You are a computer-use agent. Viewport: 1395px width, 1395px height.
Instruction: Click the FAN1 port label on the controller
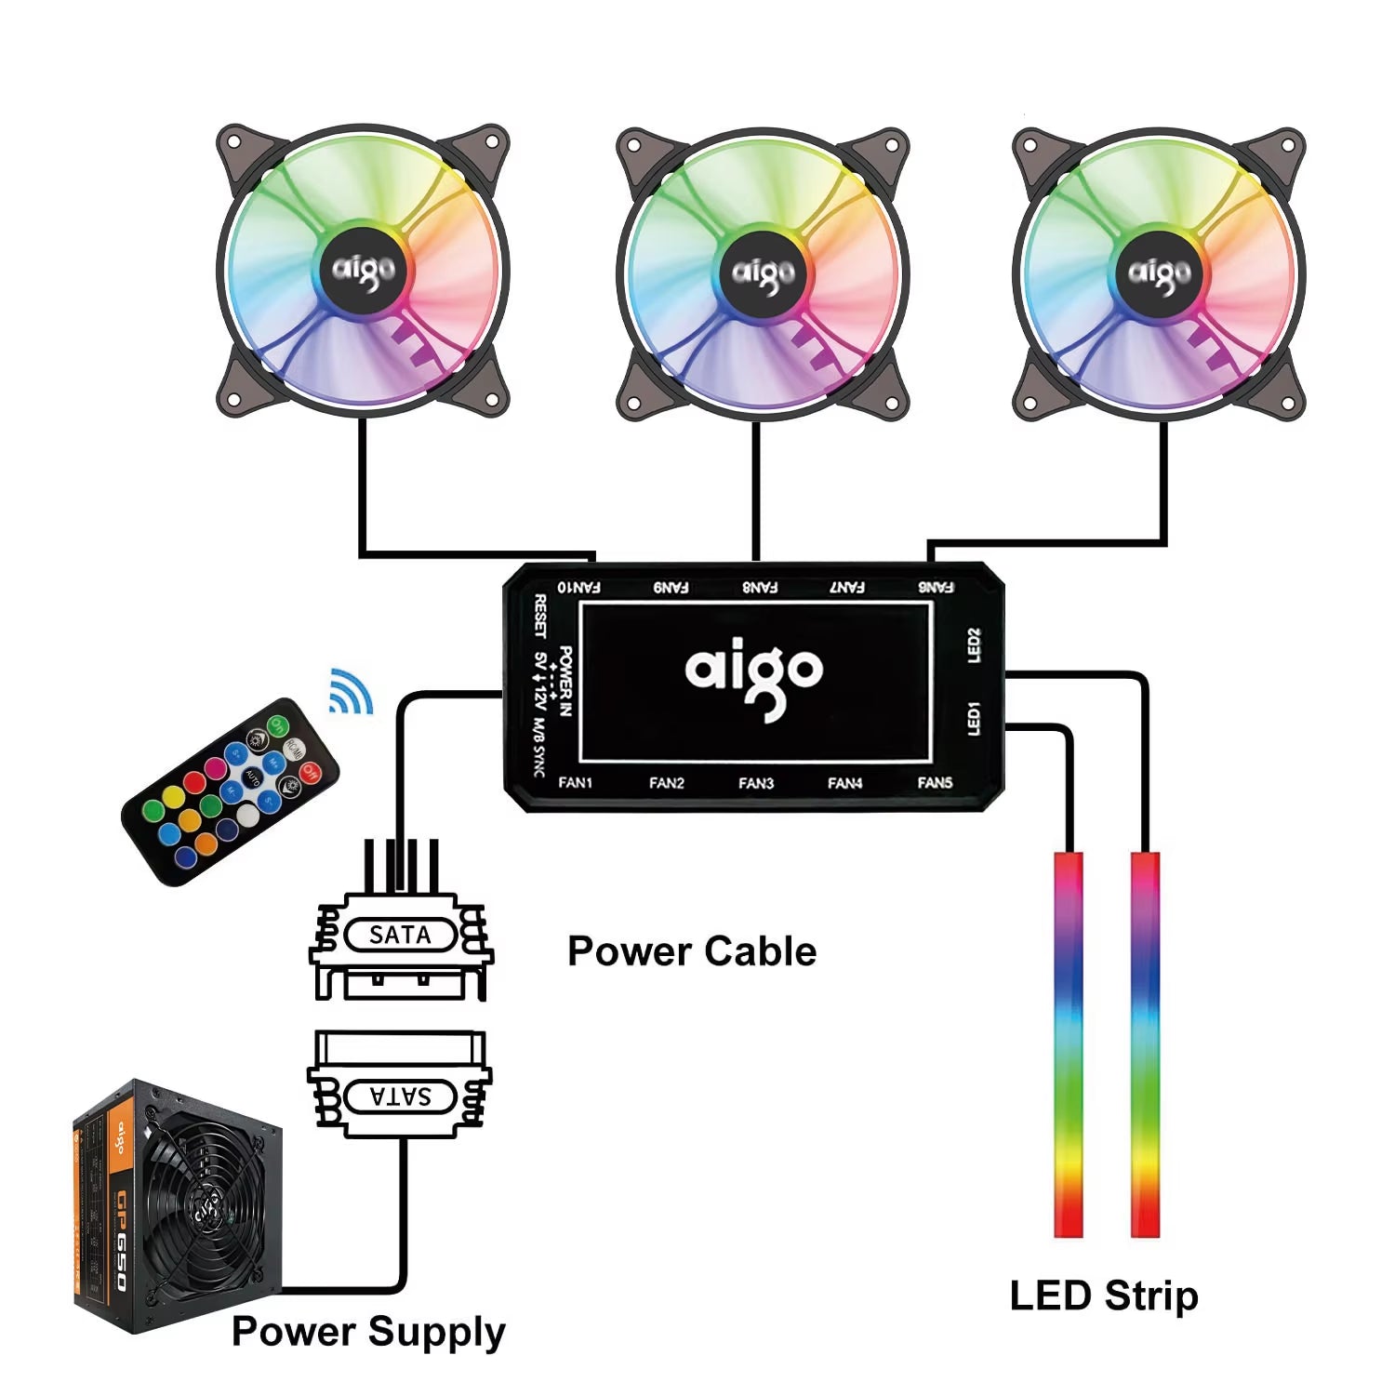575,783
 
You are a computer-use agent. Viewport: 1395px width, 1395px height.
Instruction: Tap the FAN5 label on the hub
935,783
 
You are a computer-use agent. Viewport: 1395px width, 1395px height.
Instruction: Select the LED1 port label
974,719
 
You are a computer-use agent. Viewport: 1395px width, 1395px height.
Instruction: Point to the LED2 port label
974,645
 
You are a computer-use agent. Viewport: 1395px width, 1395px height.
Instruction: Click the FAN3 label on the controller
756,783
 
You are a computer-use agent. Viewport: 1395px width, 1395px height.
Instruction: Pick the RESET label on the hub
540,617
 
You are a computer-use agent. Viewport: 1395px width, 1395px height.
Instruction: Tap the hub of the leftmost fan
364,270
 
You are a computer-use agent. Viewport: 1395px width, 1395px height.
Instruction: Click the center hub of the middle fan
764,272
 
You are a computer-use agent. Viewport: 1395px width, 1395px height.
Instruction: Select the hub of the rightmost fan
1159,272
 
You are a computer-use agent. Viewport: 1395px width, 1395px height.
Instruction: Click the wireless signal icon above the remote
352,691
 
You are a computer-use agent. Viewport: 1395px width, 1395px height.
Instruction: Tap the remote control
231,790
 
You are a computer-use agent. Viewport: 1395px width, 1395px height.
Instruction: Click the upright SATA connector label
400,935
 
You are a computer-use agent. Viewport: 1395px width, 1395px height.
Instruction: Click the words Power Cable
692,951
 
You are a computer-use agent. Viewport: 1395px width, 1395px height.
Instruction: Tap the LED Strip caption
1104,1295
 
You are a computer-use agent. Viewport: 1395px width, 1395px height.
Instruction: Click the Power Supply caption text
368,1332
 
